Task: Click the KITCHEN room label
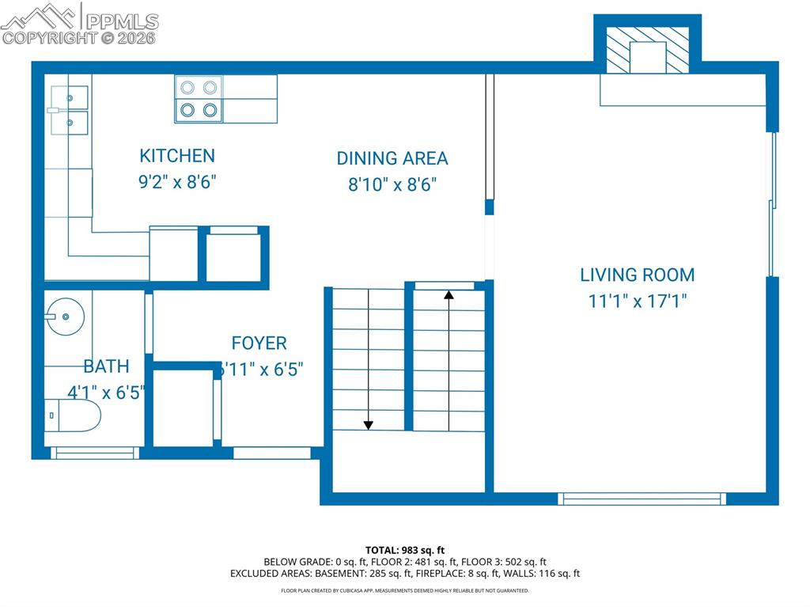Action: pyautogui.click(x=177, y=156)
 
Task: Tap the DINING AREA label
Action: pyautogui.click(x=392, y=158)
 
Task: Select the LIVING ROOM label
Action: pyautogui.click(x=638, y=275)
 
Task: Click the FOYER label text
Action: pyautogui.click(x=259, y=343)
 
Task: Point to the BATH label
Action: pyautogui.click(x=106, y=366)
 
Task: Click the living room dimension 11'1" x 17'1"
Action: pyautogui.click(x=638, y=301)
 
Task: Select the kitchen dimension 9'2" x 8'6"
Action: pyautogui.click(x=177, y=181)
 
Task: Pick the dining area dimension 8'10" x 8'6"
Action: pyautogui.click(x=392, y=184)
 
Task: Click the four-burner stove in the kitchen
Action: pyautogui.click(x=198, y=99)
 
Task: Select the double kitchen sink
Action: pyautogui.click(x=66, y=111)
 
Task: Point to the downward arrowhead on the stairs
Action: pyautogui.click(x=368, y=426)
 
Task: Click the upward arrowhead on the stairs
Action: pyautogui.click(x=449, y=295)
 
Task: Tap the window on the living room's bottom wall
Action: pyautogui.click(x=641, y=499)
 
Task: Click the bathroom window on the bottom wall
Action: pyautogui.click(x=95, y=453)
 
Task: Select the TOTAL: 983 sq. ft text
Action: pyautogui.click(x=405, y=550)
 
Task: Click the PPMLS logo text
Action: pyautogui.click(x=121, y=21)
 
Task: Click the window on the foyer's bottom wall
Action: pyautogui.click(x=272, y=453)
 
